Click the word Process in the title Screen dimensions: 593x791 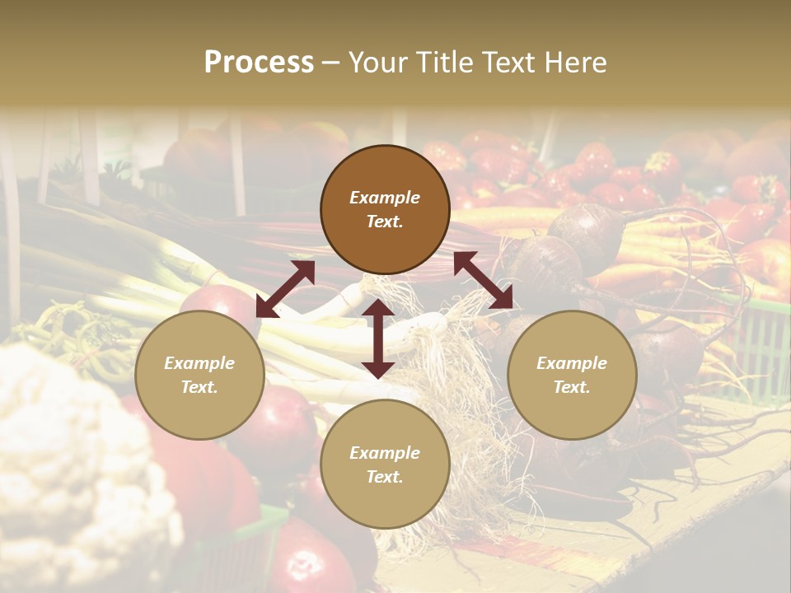pyautogui.click(x=259, y=63)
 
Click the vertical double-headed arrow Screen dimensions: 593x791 pyautogui.click(x=378, y=339)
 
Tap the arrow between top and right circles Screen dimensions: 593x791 pyautogui.click(x=483, y=280)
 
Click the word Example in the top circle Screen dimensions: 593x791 pyautogui.click(x=385, y=198)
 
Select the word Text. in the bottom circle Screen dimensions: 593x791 pyautogui.click(x=385, y=477)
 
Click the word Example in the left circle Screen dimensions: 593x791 pyautogui.click(x=199, y=363)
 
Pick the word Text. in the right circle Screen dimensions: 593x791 pyautogui.click(x=572, y=387)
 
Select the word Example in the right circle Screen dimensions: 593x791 pyautogui.click(x=572, y=363)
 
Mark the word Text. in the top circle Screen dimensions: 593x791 pyautogui.click(x=385, y=222)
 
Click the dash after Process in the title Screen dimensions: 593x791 pyautogui.click(x=331, y=63)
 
